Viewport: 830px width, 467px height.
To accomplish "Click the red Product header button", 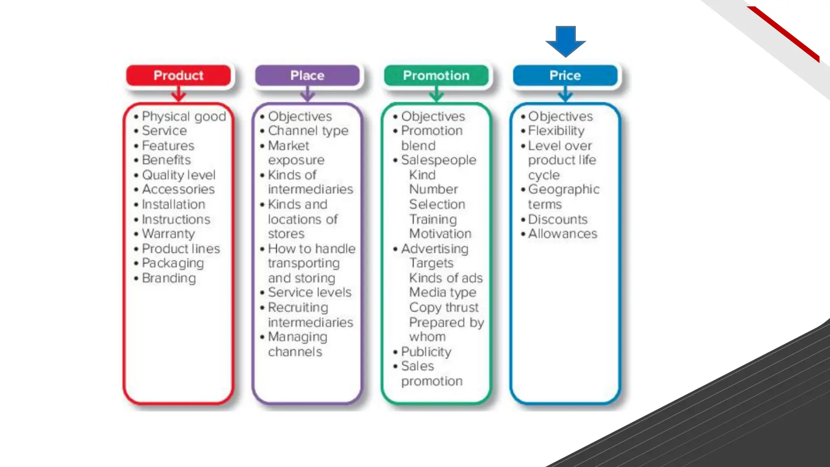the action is pyautogui.click(x=178, y=75).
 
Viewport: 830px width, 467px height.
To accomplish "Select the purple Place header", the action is pyautogui.click(x=307, y=75).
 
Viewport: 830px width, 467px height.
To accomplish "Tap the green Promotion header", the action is pyautogui.click(x=436, y=75).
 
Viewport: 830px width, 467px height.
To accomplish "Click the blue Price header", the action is pyautogui.click(x=565, y=75).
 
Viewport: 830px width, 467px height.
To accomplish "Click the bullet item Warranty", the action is pyautogui.click(x=168, y=234).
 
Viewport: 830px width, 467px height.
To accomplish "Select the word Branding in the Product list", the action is pyautogui.click(x=169, y=278).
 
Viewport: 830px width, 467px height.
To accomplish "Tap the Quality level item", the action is pyautogui.click(x=179, y=175).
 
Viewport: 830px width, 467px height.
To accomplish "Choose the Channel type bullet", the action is pyautogui.click(x=308, y=131).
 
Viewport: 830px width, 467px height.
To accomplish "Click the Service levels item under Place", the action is pyautogui.click(x=310, y=292).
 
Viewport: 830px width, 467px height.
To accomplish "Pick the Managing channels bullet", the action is pyautogui.click(x=297, y=344).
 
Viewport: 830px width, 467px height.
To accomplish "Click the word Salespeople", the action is pyautogui.click(x=439, y=160).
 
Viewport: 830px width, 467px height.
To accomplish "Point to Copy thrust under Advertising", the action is pyautogui.click(x=444, y=307).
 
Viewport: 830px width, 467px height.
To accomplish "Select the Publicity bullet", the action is pyautogui.click(x=426, y=351).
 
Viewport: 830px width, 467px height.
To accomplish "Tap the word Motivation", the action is pyautogui.click(x=440, y=234).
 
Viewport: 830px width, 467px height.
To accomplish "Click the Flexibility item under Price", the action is pyautogui.click(x=556, y=131).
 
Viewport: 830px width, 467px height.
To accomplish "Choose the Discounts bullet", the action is pyautogui.click(x=558, y=219).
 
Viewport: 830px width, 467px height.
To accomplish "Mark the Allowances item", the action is pyautogui.click(x=563, y=234).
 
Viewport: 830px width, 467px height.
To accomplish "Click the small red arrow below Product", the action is pyautogui.click(x=178, y=95).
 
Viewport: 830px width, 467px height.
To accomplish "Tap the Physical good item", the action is pyautogui.click(x=184, y=116).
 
